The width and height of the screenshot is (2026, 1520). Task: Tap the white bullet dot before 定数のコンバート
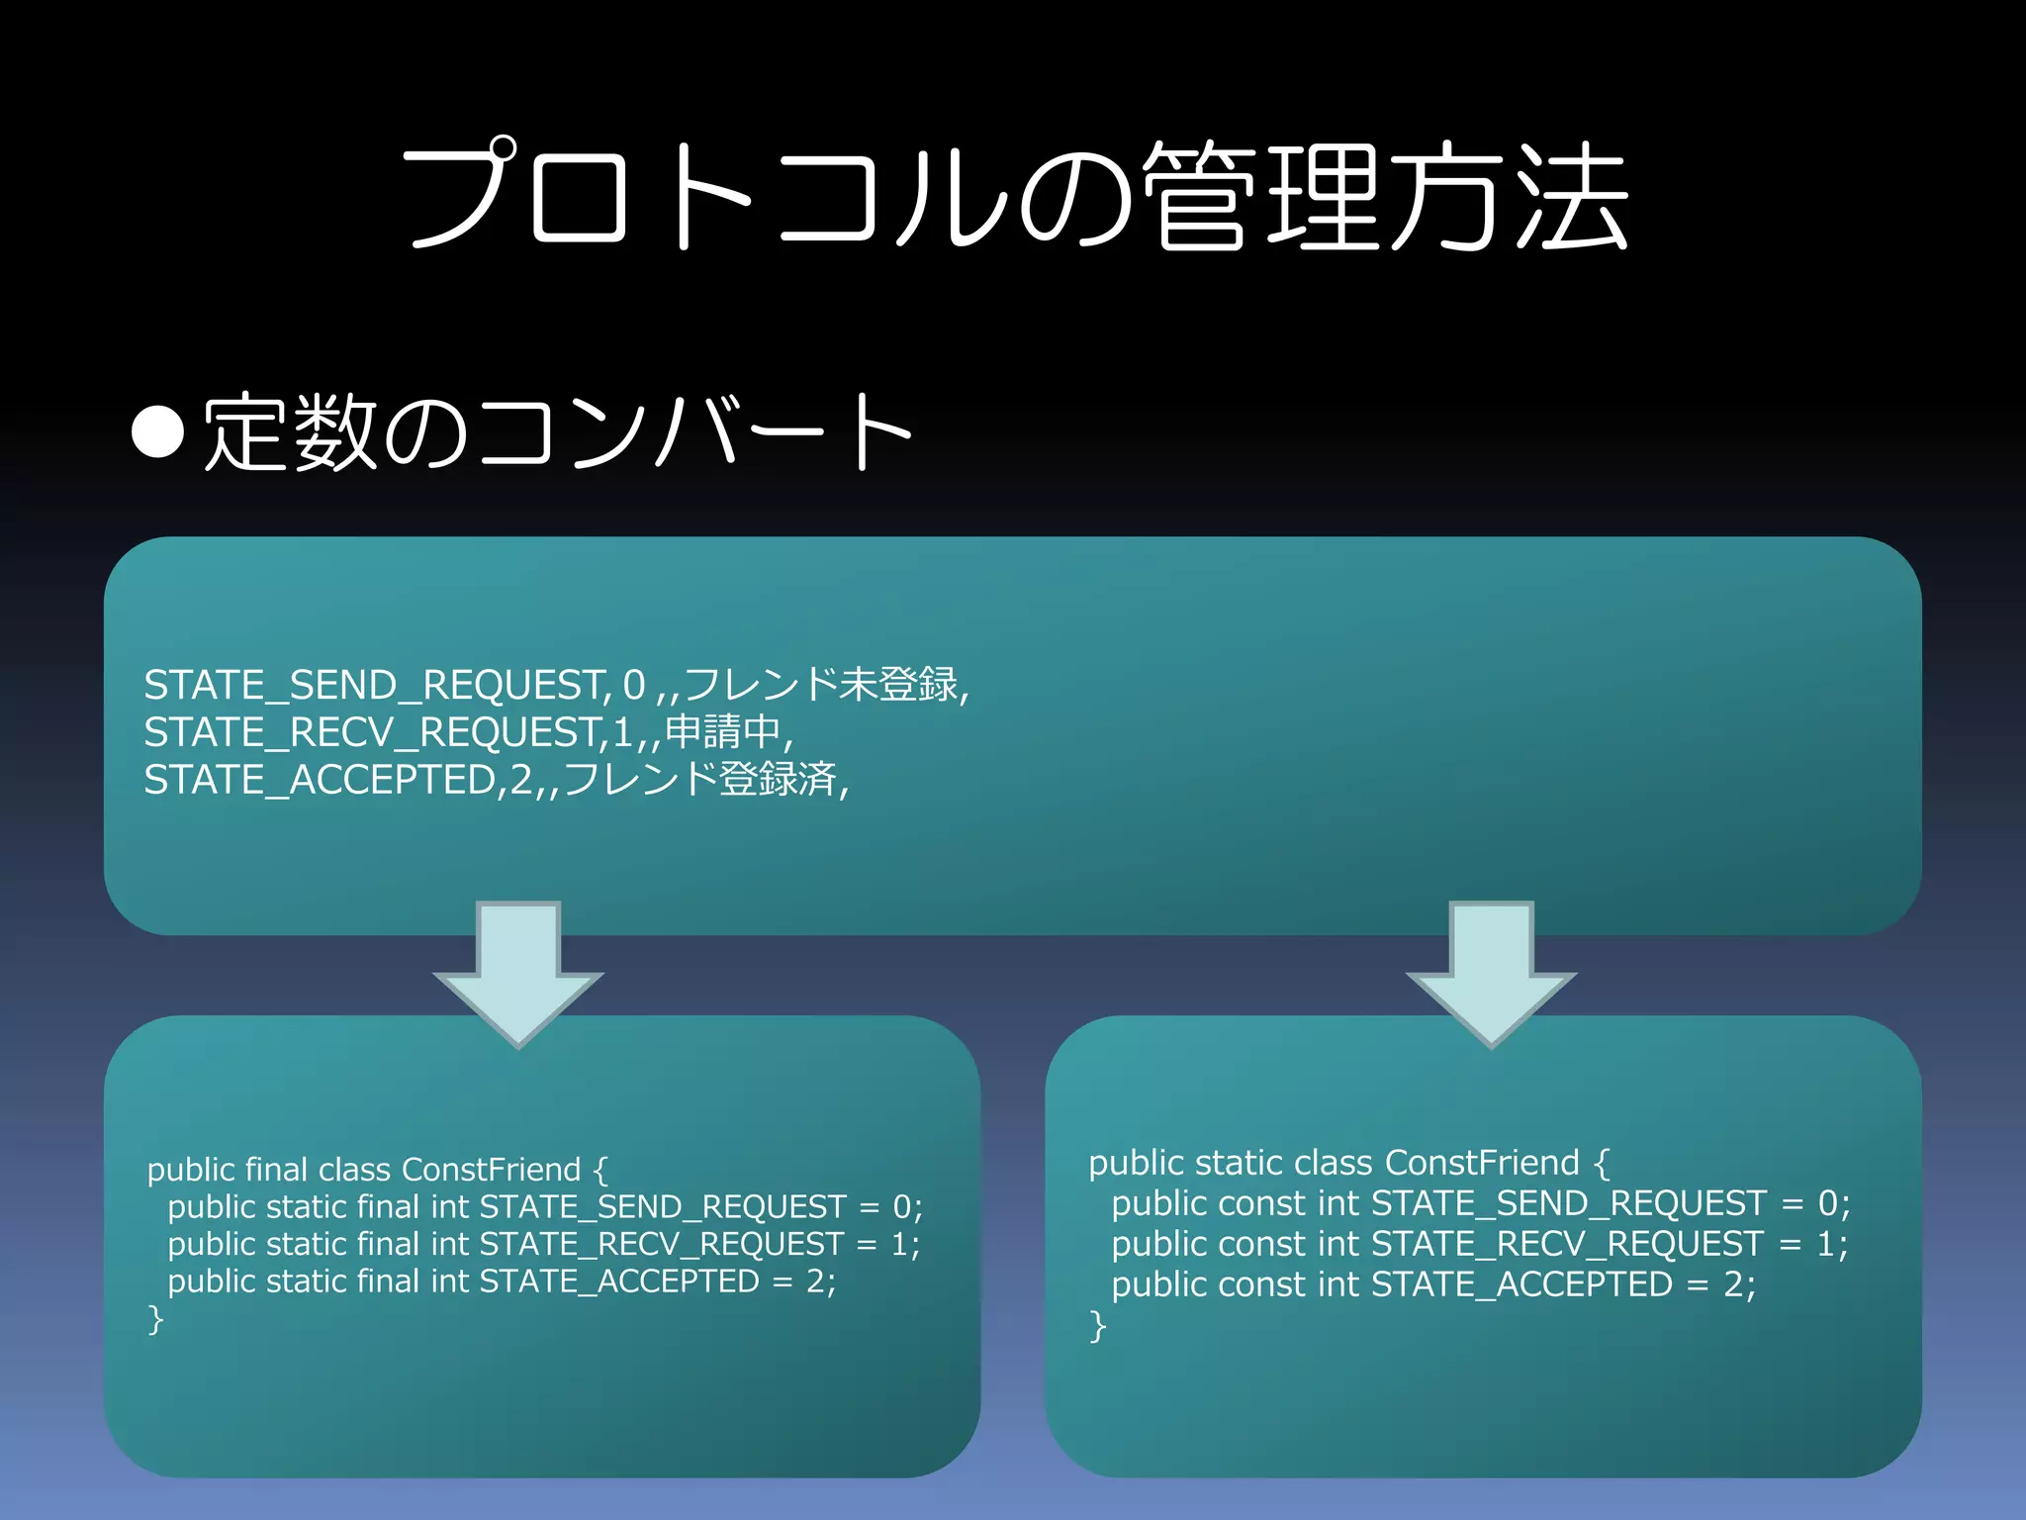[x=158, y=432]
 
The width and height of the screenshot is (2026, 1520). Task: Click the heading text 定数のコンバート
[x=557, y=432]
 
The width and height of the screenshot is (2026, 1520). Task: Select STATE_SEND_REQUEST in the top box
[x=375, y=685]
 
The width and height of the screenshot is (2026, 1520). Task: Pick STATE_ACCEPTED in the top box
[x=319, y=780]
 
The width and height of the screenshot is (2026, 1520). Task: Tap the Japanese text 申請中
[x=723, y=731]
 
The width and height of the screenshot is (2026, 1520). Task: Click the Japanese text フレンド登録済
[x=700, y=779]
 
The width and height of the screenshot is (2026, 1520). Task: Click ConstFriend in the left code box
[x=492, y=1170]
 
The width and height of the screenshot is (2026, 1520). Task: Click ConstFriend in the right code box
[x=1482, y=1163]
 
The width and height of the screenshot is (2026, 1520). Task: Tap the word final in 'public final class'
[x=276, y=1170]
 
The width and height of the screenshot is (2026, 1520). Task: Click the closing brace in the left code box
[x=155, y=1319]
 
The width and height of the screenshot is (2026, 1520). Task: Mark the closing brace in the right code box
[x=1097, y=1326]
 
